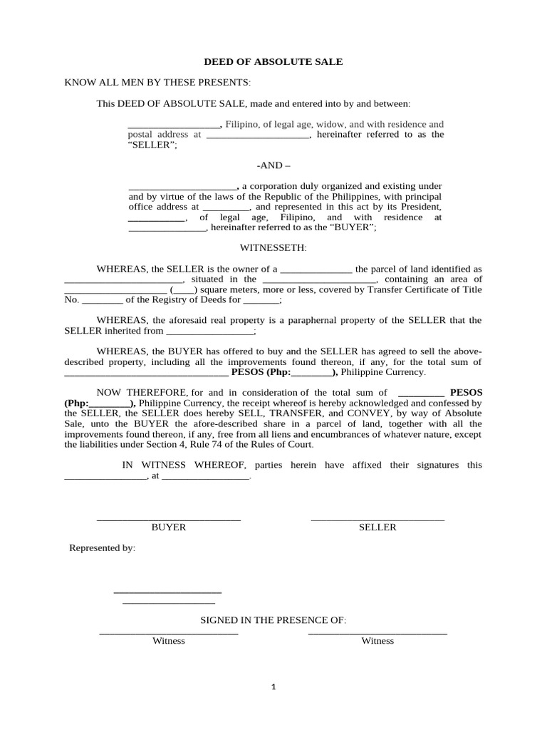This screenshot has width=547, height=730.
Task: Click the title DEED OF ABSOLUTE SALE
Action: (x=273, y=62)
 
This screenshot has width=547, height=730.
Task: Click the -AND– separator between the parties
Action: (x=273, y=165)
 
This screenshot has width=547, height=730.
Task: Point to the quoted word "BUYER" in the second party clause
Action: (x=351, y=227)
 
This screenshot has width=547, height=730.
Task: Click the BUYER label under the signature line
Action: (x=169, y=528)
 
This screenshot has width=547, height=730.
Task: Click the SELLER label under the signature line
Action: (x=377, y=528)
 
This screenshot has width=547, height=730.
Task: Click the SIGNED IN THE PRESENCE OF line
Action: (x=273, y=621)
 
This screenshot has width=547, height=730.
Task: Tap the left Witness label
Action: (x=169, y=641)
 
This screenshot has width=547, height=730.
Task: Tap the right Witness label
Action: (x=377, y=641)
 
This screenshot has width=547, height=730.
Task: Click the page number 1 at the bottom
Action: (x=273, y=687)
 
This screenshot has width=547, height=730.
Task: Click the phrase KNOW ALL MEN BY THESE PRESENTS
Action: (x=157, y=83)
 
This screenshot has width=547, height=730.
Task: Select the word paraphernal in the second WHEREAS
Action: (x=333, y=321)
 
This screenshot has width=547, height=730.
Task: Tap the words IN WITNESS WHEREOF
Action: (x=184, y=465)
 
